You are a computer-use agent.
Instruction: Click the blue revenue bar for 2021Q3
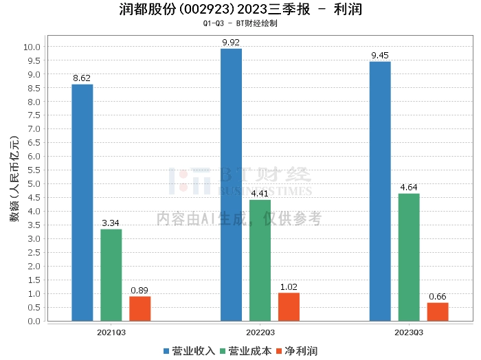82,203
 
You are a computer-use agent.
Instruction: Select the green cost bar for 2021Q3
111,275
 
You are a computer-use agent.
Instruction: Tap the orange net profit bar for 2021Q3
139,308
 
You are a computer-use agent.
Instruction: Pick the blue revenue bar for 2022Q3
231,185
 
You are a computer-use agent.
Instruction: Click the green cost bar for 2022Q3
260,260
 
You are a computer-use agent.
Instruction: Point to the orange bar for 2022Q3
289,306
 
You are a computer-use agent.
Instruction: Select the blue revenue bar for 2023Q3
380,191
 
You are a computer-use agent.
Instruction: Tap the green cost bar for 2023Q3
409,257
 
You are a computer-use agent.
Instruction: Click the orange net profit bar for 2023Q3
438,311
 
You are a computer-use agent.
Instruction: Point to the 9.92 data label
231,43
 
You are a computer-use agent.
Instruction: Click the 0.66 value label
438,297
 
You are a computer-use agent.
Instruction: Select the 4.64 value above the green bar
409,188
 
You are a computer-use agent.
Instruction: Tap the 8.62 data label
82,78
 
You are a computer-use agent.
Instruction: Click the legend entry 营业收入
190,351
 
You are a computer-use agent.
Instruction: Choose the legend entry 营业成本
245,351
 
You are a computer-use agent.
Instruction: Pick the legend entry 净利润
296,351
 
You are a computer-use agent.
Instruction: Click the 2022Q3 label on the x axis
260,332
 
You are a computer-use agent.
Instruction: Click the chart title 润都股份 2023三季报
240,10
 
